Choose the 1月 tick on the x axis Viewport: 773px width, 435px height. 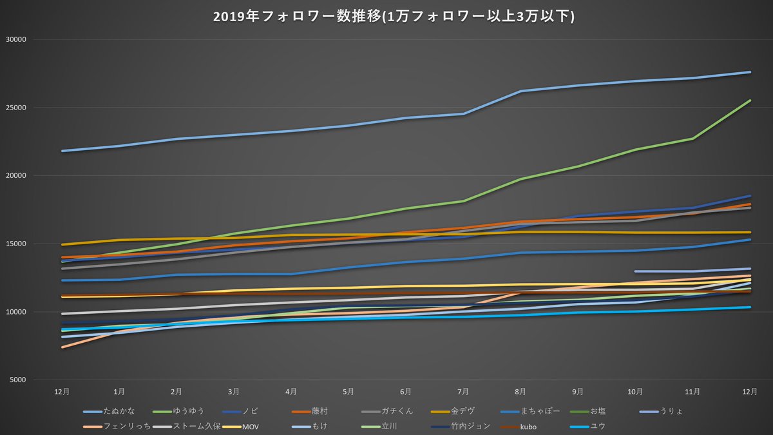coord(119,391)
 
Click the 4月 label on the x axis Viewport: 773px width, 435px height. coord(291,391)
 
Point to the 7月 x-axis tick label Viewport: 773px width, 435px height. coord(463,391)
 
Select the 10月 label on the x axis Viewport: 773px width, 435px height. coord(635,391)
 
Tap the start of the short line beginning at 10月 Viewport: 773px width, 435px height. coord(636,271)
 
